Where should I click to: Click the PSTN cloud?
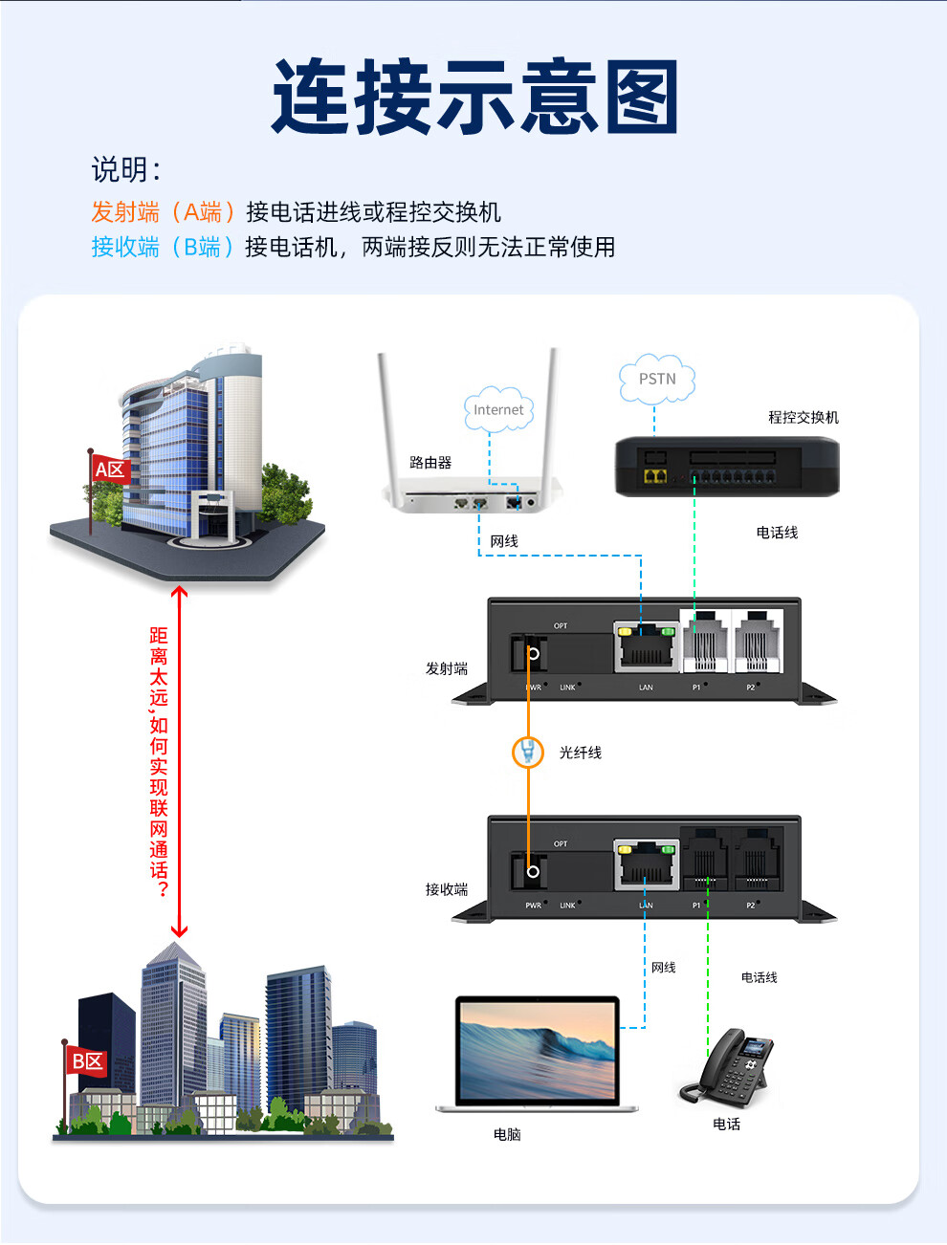(656, 379)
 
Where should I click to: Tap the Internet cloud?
(498, 409)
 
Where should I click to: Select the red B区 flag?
(87, 1060)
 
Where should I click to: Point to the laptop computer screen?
(537, 1049)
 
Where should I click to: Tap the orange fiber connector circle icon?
(528, 753)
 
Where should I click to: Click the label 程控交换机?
(803, 417)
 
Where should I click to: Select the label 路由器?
(430, 463)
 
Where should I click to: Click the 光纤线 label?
(581, 753)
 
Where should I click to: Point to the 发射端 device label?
(447, 668)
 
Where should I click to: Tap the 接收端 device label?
(447, 889)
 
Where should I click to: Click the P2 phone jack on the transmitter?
(757, 642)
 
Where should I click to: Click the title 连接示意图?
(475, 97)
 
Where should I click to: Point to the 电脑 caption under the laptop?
(507, 1134)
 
